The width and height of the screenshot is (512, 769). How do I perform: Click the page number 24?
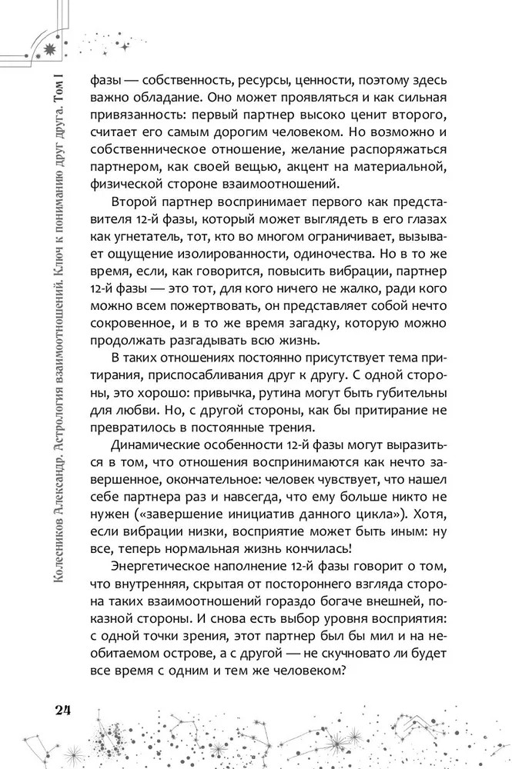pyautogui.click(x=62, y=707)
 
